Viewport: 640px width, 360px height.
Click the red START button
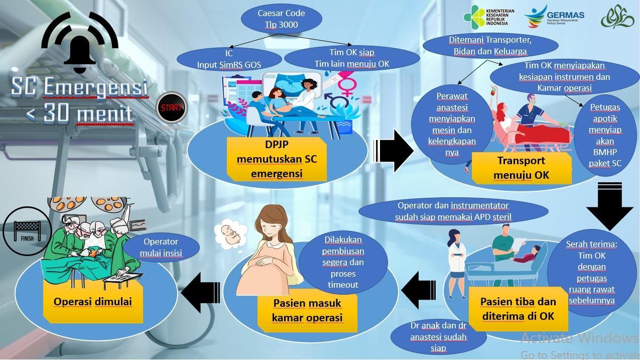pyautogui.click(x=171, y=107)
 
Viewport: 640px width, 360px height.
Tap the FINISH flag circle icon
pyautogui.click(x=27, y=231)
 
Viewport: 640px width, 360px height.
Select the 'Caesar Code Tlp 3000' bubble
pyautogui.click(x=281, y=19)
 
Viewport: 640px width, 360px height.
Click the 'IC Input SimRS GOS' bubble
pyautogui.click(x=229, y=59)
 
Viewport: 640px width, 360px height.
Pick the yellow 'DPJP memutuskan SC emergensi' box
pyautogui.click(x=277, y=159)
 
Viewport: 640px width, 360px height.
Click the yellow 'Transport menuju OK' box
pyautogui.click(x=521, y=168)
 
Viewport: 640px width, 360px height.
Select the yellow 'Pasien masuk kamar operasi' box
pyautogui.click(x=307, y=310)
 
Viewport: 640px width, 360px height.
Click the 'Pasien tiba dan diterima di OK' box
pyautogui.click(x=518, y=308)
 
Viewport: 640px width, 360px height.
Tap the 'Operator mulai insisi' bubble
pyautogui.click(x=161, y=248)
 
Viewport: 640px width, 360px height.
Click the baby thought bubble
pyautogui.click(x=231, y=235)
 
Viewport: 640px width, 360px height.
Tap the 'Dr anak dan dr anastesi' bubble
pyautogui.click(x=438, y=336)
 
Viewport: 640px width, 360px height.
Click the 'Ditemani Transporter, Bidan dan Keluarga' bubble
pyautogui.click(x=490, y=46)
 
